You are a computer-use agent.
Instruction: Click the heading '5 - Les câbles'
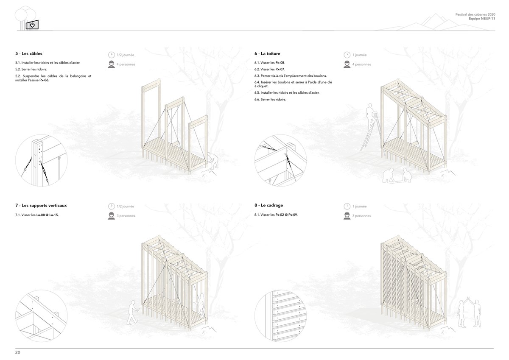(29, 53)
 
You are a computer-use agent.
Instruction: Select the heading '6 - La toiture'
(267, 53)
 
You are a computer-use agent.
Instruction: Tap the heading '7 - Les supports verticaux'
(41, 206)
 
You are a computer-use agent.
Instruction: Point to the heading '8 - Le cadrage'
(268, 205)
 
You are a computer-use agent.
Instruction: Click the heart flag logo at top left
(32, 25)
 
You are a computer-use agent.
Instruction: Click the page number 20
(18, 352)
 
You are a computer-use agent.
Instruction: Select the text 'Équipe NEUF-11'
(482, 19)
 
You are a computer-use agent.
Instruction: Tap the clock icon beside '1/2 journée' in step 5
(111, 55)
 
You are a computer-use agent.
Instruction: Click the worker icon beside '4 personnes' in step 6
(347, 64)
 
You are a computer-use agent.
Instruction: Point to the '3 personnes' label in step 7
(126, 216)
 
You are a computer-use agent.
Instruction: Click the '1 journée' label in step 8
(360, 206)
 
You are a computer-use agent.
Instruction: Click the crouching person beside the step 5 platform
(213, 161)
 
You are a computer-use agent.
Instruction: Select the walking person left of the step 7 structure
(133, 313)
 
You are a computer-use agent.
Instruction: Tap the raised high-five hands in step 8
(469, 299)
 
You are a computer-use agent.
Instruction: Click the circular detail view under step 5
(42, 161)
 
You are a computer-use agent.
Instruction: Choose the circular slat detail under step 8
(280, 316)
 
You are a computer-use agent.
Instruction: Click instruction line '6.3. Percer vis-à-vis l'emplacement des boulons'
(291, 76)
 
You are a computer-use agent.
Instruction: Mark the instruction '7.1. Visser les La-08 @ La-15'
(37, 215)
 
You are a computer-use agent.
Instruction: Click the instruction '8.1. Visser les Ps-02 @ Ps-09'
(276, 215)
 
